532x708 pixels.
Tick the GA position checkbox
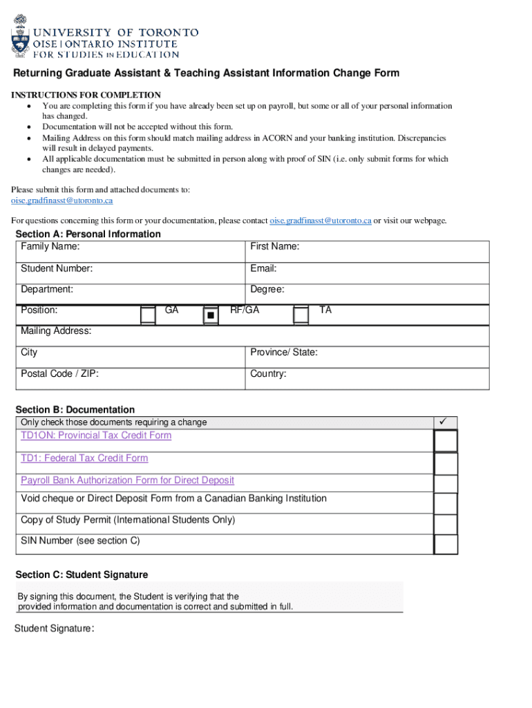click(x=148, y=315)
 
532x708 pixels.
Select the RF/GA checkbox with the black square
click(x=211, y=315)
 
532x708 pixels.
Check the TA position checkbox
click(x=301, y=315)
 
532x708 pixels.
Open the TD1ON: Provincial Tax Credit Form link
click(x=96, y=436)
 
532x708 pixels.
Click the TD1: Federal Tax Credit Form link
click(x=84, y=458)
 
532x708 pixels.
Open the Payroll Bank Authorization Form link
click(x=127, y=481)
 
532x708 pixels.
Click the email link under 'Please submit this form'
click(x=61, y=201)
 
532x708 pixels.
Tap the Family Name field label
click(x=50, y=247)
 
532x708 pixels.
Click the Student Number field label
click(x=57, y=268)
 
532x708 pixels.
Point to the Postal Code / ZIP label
click(x=59, y=374)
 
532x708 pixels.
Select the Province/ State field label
click(x=284, y=353)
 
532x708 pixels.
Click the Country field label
click(x=268, y=374)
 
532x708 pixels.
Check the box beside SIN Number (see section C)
click(x=446, y=543)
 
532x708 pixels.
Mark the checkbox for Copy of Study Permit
click(x=446, y=523)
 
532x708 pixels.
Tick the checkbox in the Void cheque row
click(x=446, y=503)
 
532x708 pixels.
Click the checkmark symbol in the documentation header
click(x=445, y=422)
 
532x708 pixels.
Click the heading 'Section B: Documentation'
click(x=75, y=410)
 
